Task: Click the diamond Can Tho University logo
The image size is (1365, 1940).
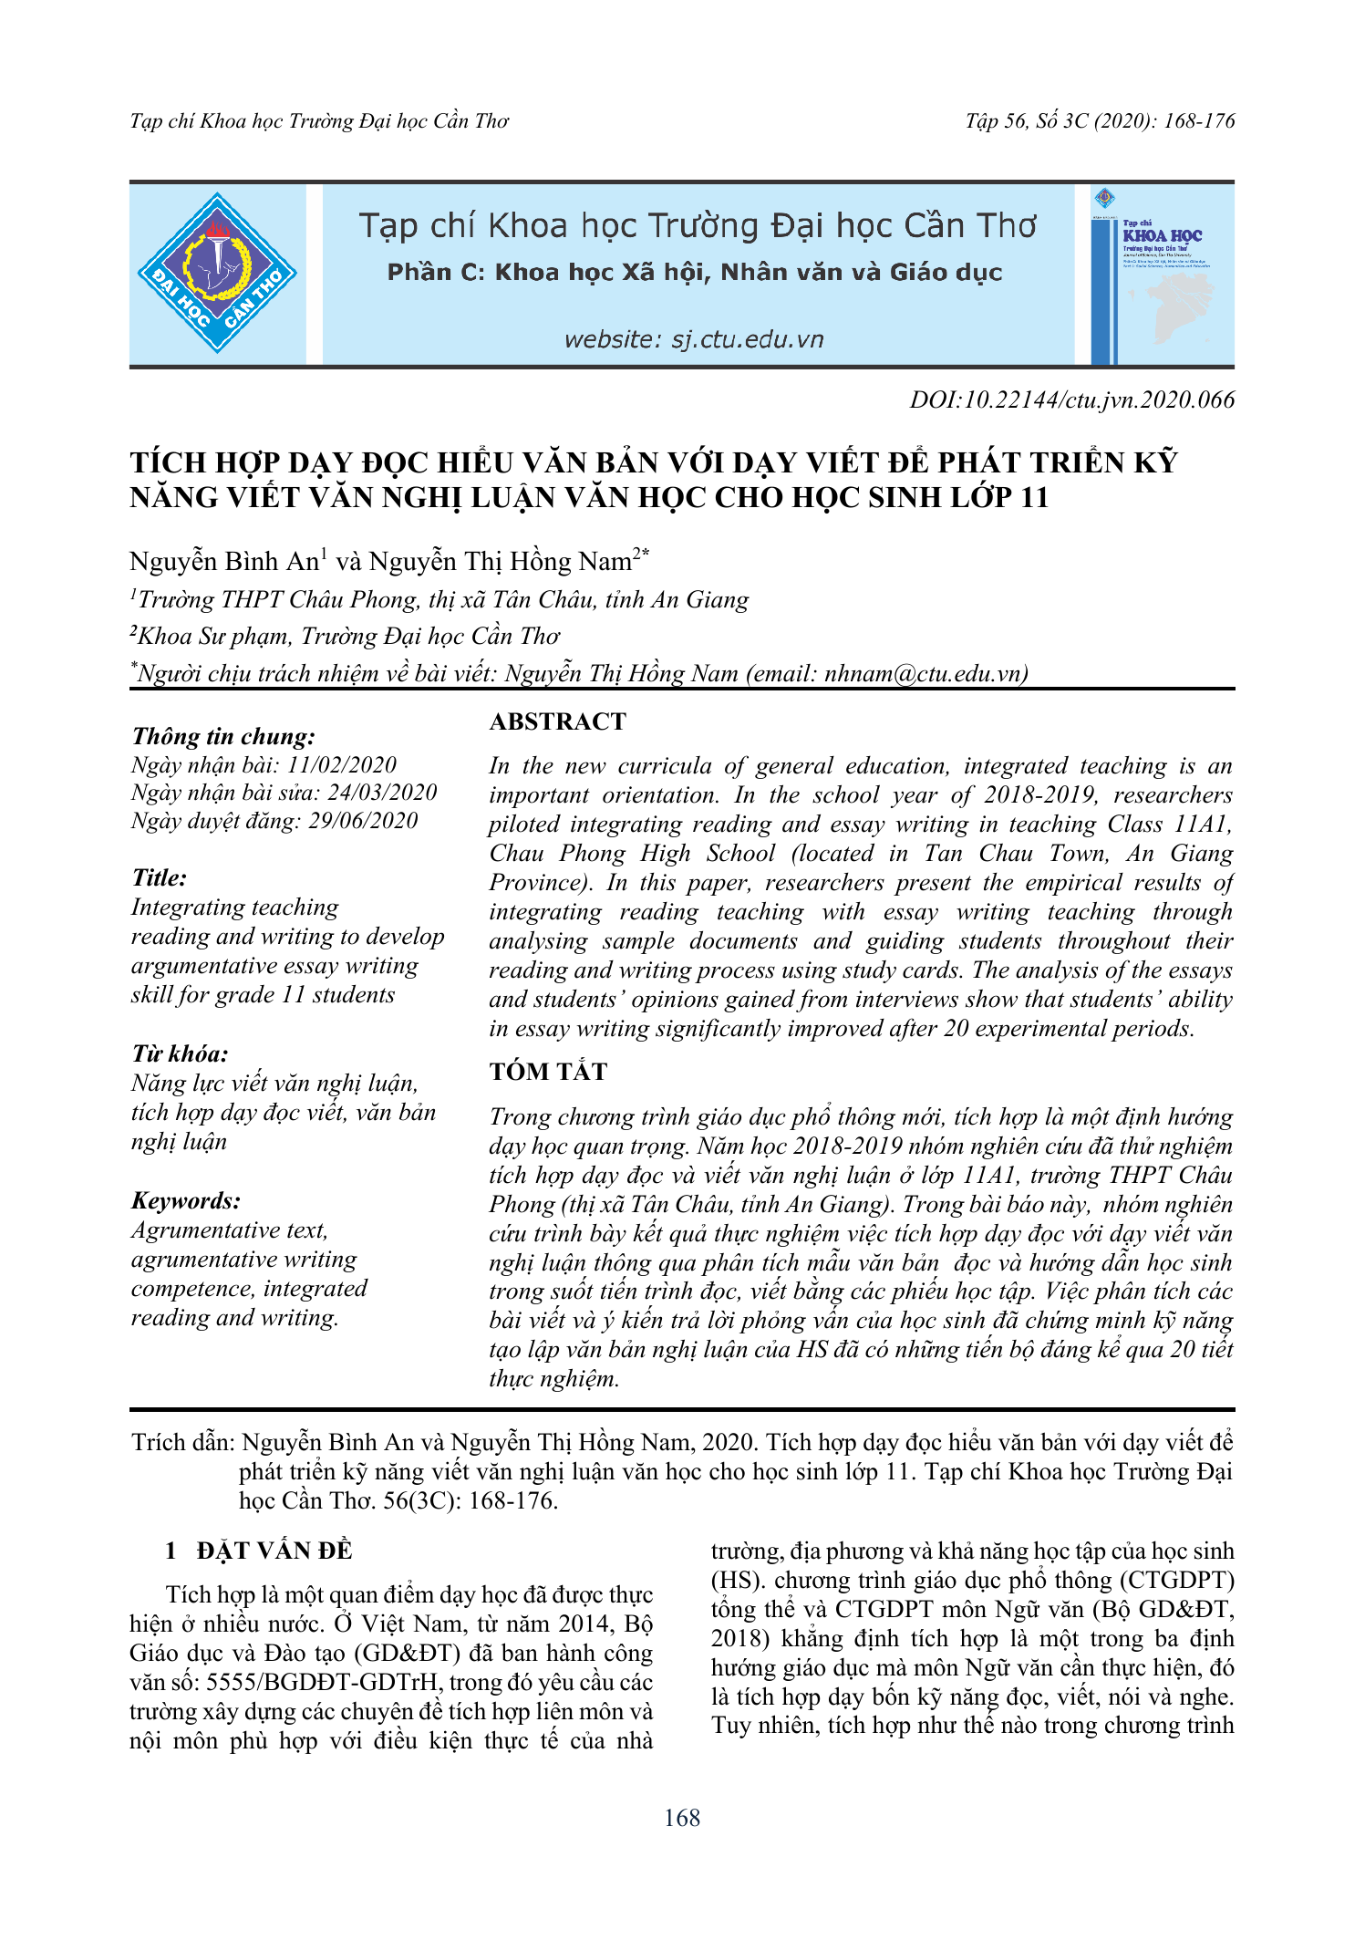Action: coord(217,273)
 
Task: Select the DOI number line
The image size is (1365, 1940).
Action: coord(1071,400)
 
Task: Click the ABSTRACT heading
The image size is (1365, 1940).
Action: coord(557,721)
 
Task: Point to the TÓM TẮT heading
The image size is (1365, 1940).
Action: coord(548,1072)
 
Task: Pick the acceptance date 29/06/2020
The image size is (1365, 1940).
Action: coord(363,821)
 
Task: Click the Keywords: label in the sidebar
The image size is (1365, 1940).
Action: coord(186,1200)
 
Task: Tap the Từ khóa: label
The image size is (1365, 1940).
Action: coord(180,1054)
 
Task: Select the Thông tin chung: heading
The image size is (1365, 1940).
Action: coord(223,737)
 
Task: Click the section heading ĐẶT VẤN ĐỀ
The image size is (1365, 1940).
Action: coord(274,1551)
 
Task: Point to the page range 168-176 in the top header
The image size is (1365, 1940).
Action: coord(1199,121)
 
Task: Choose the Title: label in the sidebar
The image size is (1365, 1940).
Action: coord(160,878)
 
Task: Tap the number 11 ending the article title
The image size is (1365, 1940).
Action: coord(1034,498)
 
